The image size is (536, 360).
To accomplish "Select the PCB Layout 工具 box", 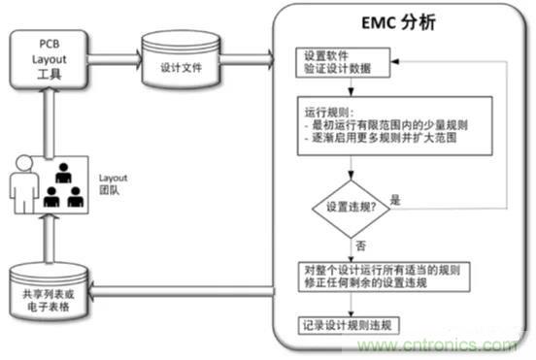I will (x=50, y=57).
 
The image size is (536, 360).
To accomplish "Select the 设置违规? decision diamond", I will (x=349, y=206).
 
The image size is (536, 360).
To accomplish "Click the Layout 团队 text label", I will (x=115, y=184).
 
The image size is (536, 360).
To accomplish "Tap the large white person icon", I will (x=24, y=189).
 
